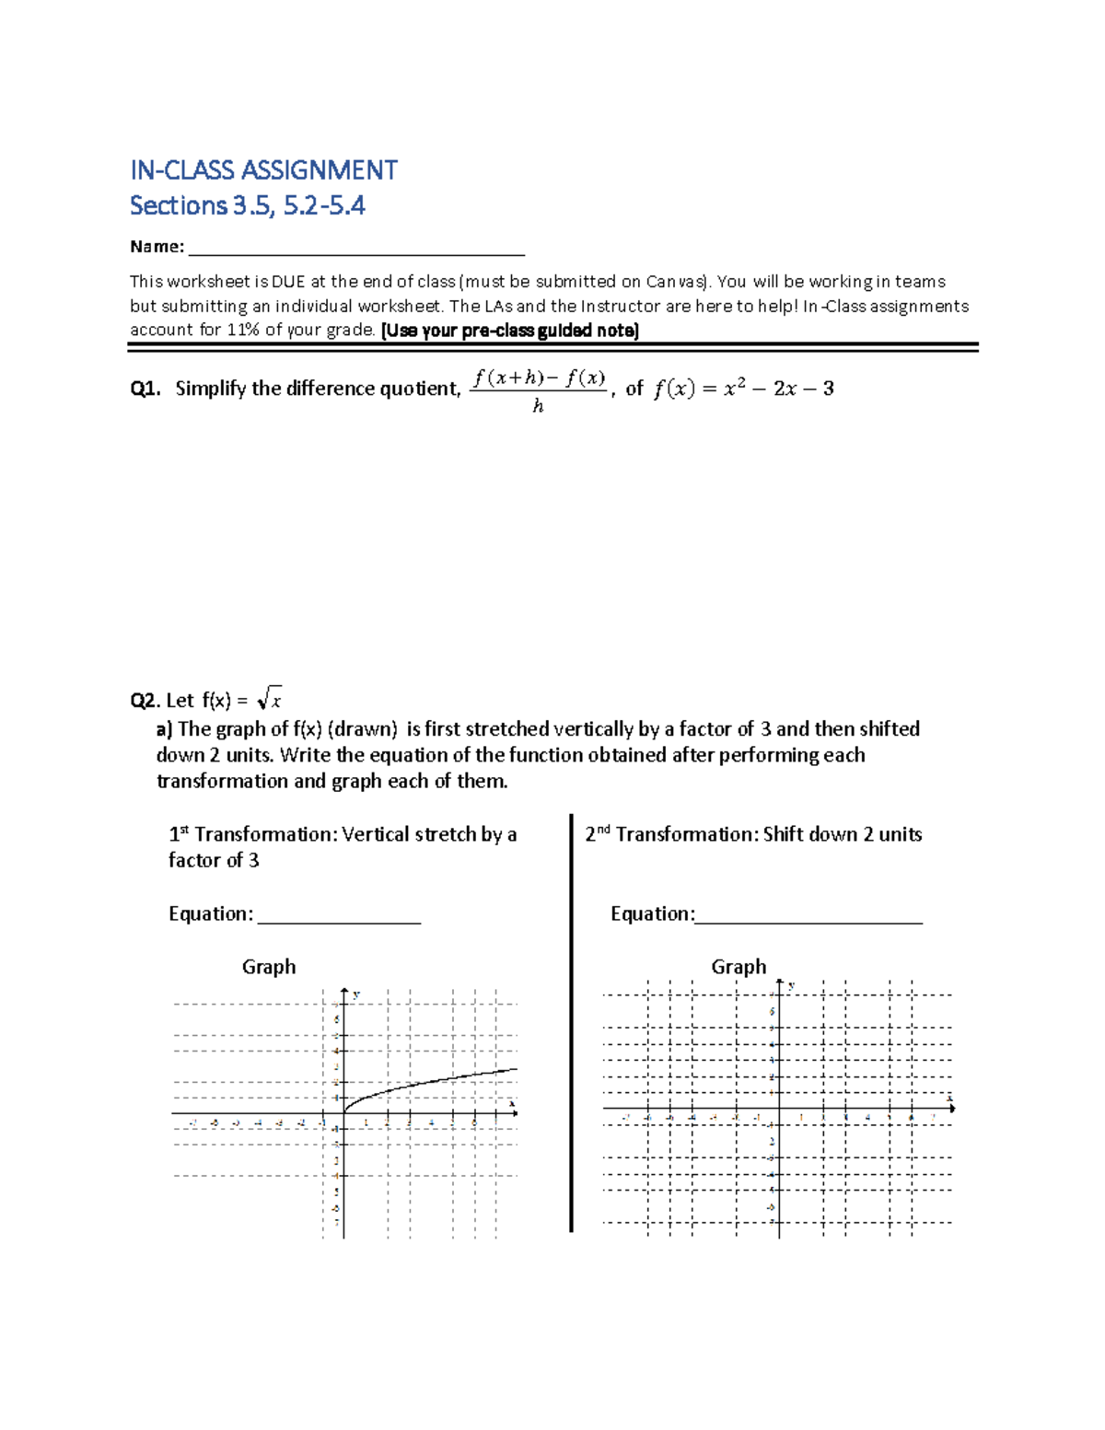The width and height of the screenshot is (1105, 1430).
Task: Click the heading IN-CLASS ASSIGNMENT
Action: (263, 170)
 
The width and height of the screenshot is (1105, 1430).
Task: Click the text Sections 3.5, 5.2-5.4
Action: (247, 205)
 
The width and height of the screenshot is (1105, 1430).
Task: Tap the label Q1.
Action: (145, 389)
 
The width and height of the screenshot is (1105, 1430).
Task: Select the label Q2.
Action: (145, 701)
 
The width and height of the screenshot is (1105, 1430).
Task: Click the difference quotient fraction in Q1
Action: (539, 389)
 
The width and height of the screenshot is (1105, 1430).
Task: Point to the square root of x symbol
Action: (270, 699)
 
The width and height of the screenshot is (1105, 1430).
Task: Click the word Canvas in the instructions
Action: (675, 282)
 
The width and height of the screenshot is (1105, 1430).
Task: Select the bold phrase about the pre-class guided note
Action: (509, 330)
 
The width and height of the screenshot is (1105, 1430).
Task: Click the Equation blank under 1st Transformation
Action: (339, 915)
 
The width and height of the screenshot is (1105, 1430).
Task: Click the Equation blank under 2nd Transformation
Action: (808, 915)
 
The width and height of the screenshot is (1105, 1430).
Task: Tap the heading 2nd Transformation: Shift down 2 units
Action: (753, 834)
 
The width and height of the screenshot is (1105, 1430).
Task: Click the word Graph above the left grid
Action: (269, 967)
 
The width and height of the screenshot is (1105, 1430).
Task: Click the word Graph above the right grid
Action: (739, 967)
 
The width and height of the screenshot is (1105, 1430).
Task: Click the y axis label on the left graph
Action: (356, 994)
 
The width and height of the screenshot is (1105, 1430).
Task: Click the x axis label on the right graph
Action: (948, 1097)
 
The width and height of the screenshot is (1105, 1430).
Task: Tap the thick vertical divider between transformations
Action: (571, 1022)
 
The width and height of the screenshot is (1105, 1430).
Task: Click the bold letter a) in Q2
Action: (165, 729)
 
